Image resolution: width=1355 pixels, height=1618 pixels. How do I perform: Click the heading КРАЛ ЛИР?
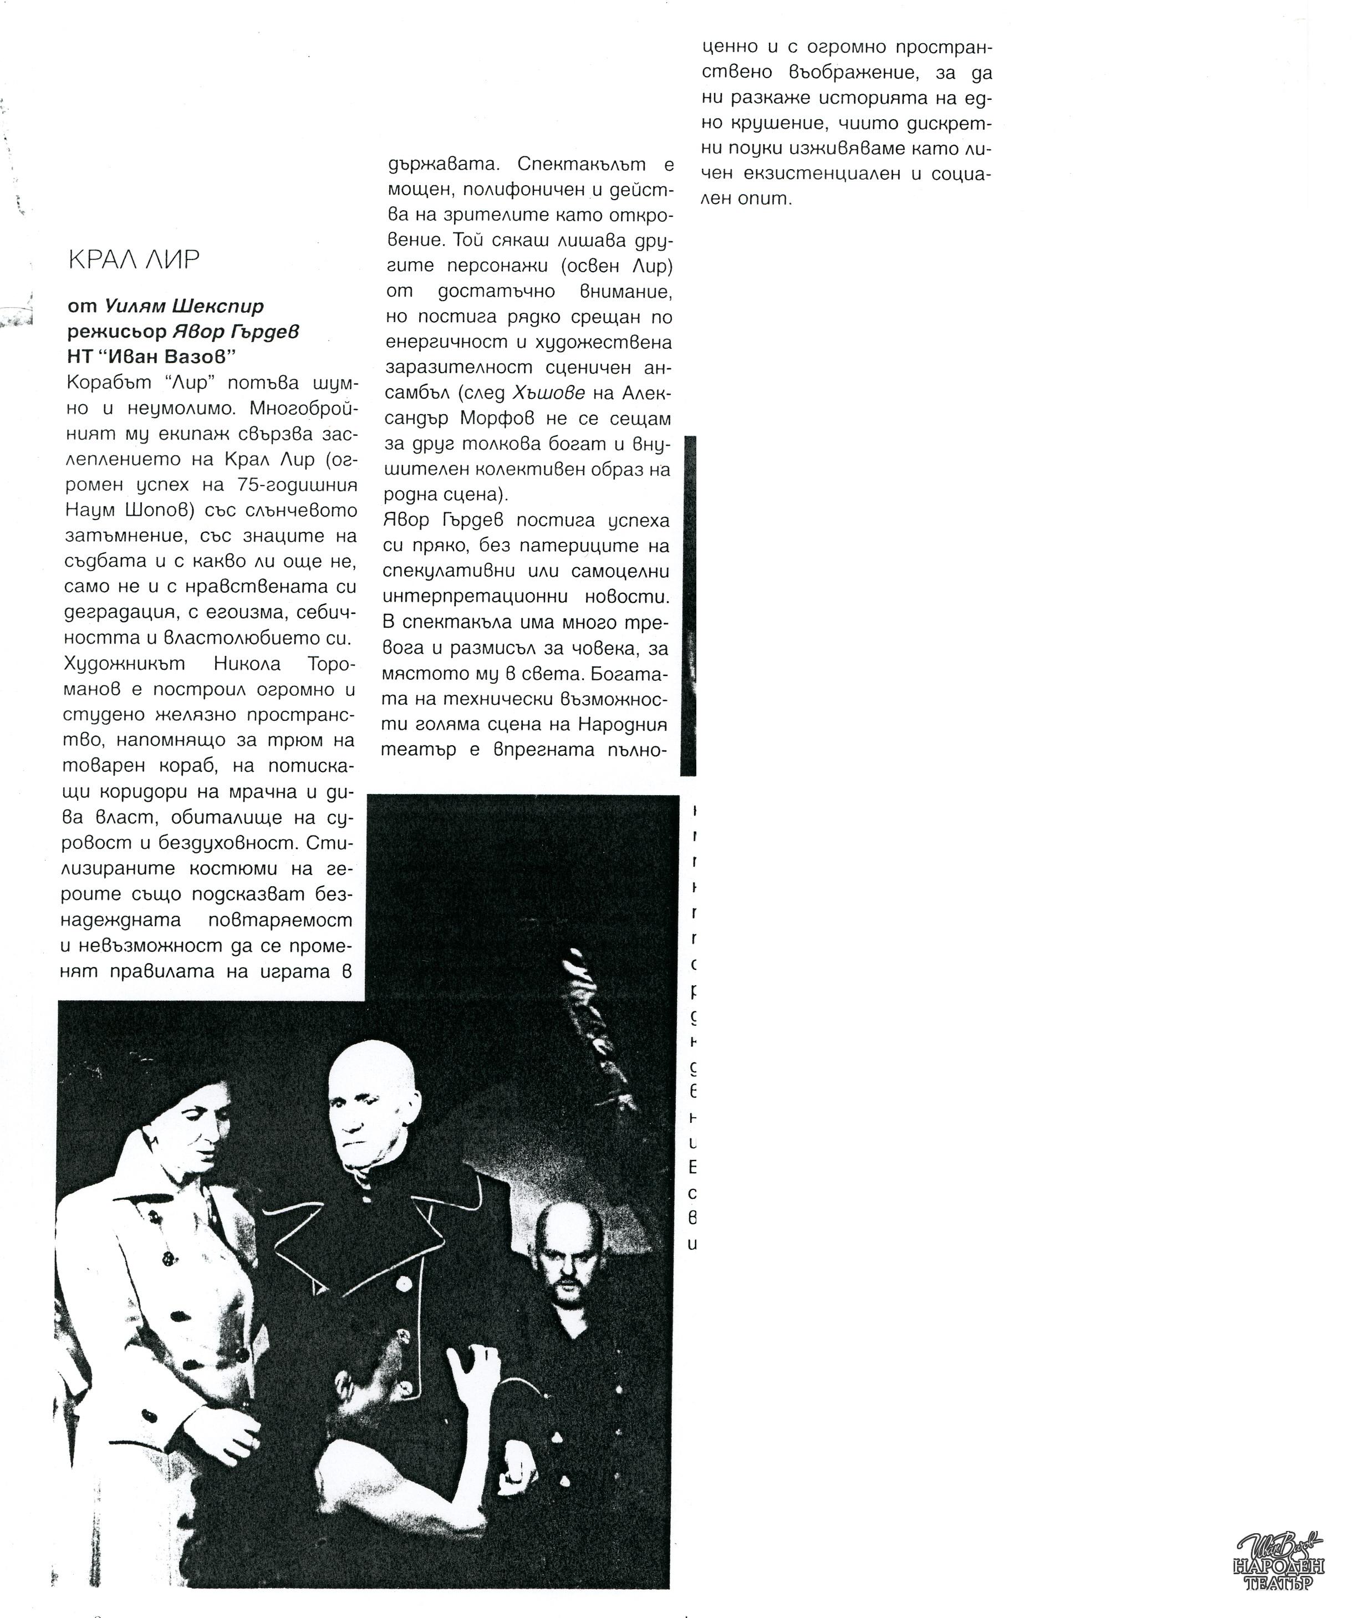pos(134,260)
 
